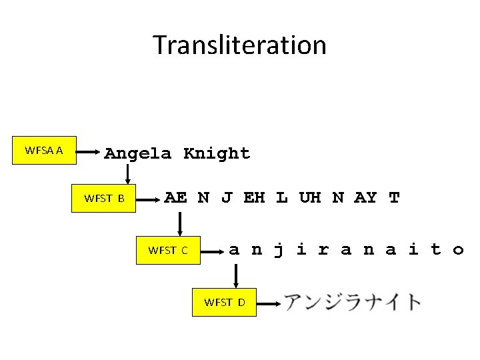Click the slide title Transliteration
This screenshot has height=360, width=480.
240,45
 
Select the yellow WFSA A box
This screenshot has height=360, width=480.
44,151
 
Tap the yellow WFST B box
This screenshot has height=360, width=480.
104,198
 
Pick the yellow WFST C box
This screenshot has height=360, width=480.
168,251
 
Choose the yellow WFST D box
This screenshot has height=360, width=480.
225,302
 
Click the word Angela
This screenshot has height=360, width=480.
137,153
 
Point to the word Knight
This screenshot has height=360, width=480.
217,153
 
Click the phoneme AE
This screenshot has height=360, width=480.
175,197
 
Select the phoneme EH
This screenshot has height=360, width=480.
254,197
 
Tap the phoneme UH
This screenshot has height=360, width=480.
309,197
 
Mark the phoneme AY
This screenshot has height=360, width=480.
365,197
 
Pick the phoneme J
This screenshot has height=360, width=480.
227,197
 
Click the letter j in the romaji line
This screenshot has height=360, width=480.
279,250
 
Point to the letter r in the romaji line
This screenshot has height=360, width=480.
323,250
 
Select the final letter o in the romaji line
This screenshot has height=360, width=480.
458,250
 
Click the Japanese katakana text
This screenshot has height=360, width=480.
353,302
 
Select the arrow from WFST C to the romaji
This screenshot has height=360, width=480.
212,251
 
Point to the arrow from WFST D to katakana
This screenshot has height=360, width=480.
268,303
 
